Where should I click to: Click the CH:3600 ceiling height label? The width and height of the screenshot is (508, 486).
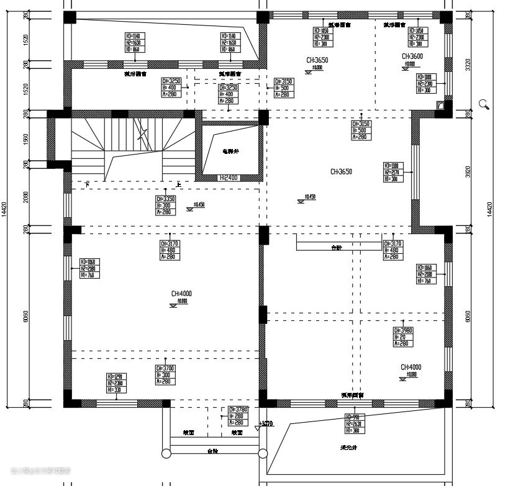pos(412,56)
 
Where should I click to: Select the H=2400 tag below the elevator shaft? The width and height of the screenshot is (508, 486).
pos(229,178)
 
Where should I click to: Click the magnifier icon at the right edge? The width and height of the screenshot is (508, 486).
pos(484,105)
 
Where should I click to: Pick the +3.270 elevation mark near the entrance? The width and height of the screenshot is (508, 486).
pos(267,425)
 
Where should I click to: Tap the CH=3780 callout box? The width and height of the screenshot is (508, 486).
pos(237,416)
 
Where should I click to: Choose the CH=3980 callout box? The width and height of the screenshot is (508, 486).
pos(402,337)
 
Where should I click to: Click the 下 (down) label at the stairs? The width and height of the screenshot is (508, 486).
pos(87,185)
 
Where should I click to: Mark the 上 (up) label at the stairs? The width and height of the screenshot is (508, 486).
pos(179,185)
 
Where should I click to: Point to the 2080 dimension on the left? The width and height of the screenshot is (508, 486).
pos(8,197)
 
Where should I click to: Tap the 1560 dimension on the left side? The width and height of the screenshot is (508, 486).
pos(8,138)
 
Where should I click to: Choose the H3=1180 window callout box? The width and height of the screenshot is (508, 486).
pos(394,172)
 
